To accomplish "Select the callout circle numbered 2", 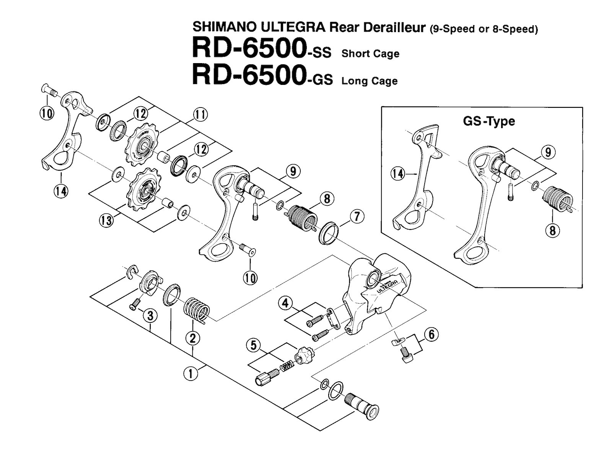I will point(192,338).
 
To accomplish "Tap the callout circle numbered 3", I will point(150,316).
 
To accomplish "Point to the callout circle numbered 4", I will point(285,304).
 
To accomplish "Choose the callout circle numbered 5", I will point(252,345).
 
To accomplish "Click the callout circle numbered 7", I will point(356,217).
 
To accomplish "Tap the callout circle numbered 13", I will point(107,220).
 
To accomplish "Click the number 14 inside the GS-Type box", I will point(398,174).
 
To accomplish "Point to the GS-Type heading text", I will point(489,122).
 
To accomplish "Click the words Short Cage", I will point(370,54).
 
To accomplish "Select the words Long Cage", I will point(369,81).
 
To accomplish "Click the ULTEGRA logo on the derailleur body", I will point(387,285).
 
